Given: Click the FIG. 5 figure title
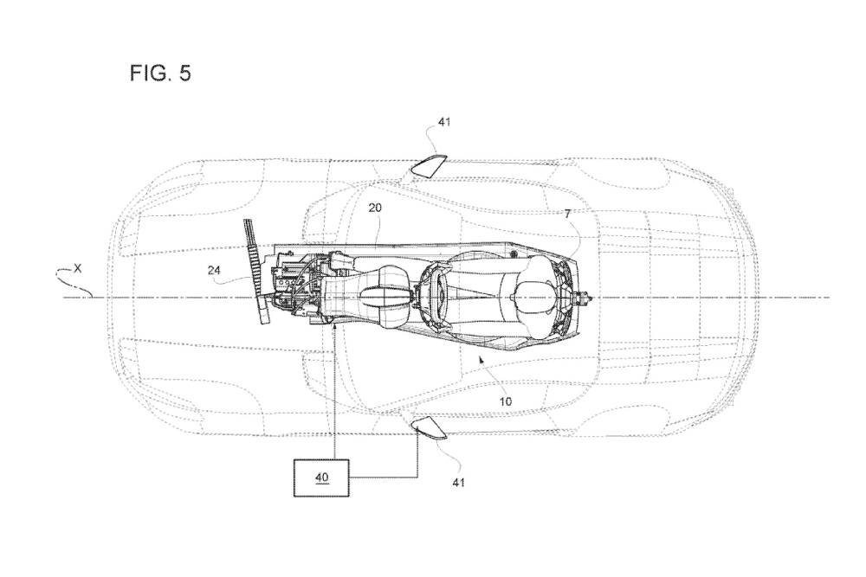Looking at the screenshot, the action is point(160,73).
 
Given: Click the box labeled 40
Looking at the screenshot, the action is point(321,478).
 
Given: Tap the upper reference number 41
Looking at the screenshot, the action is point(444,121).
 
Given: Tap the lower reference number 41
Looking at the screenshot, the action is point(458,483).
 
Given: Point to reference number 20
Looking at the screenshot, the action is point(375,208).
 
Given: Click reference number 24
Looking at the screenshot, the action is point(214,270).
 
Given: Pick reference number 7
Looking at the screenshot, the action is point(567,214).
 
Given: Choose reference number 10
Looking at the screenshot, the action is point(506,401).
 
